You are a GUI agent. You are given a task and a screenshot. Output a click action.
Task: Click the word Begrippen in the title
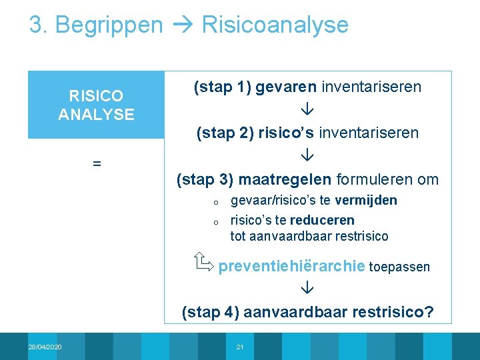[109, 25]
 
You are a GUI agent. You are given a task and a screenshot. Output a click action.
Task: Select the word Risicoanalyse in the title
[275, 25]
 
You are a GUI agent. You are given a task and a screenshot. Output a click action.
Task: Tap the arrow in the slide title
[182, 25]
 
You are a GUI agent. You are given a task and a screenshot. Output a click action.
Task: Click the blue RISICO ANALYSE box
[96, 105]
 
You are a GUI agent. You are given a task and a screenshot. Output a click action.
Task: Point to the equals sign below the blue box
[97, 163]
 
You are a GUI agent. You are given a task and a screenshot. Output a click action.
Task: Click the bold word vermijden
[366, 200]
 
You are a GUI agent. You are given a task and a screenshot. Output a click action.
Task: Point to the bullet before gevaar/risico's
[216, 202]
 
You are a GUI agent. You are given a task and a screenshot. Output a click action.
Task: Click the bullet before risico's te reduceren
[216, 222]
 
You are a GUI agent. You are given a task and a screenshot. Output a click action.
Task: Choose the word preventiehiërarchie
[291, 267]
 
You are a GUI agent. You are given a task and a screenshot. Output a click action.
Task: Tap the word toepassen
[399, 267]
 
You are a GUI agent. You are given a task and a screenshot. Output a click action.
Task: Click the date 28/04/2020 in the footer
[45, 347]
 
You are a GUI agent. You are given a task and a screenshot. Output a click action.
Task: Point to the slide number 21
[241, 347]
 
